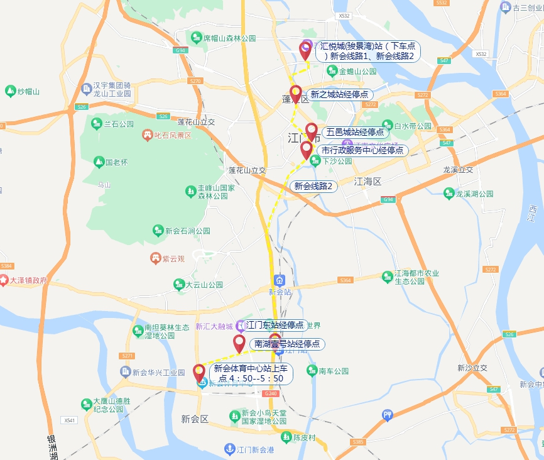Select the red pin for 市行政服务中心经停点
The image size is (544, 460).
(x=307, y=150)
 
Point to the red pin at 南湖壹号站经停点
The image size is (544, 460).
(x=239, y=343)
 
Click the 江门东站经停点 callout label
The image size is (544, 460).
(x=275, y=326)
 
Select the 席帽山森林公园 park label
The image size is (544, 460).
(x=229, y=38)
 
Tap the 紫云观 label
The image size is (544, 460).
(x=173, y=258)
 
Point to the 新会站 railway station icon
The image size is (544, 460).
(x=280, y=280)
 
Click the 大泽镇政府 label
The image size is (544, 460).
(x=29, y=280)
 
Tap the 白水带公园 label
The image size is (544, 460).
(x=412, y=126)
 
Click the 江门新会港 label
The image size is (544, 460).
(x=255, y=449)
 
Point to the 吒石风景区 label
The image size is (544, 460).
(x=172, y=134)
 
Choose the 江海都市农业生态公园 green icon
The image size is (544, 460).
(x=388, y=277)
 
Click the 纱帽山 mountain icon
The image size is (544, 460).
(x=10, y=92)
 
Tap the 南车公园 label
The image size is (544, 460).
(x=333, y=371)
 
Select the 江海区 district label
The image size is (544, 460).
(x=367, y=182)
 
